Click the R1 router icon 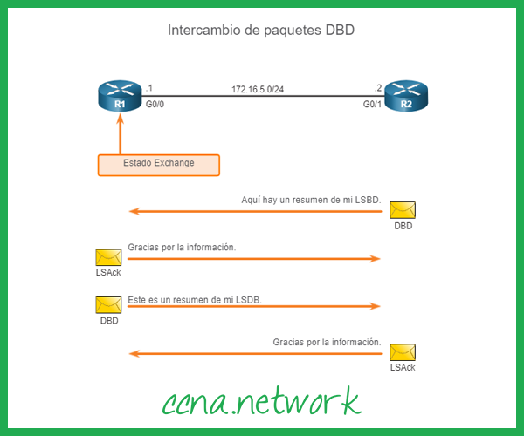pos(120,95)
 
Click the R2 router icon pos(405,95)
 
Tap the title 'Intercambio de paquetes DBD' pos(261,30)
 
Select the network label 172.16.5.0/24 pos(259,89)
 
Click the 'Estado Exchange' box pos(158,164)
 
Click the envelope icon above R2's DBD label pos(403,210)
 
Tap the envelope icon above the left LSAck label pos(108,257)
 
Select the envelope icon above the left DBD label pos(108,304)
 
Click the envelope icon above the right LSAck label pos(403,351)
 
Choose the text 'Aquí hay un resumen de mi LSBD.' pos(311,200)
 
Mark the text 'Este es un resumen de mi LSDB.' pos(195,299)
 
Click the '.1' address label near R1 pos(150,88)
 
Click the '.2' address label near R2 pos(378,88)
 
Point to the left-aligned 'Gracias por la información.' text pos(182,248)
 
